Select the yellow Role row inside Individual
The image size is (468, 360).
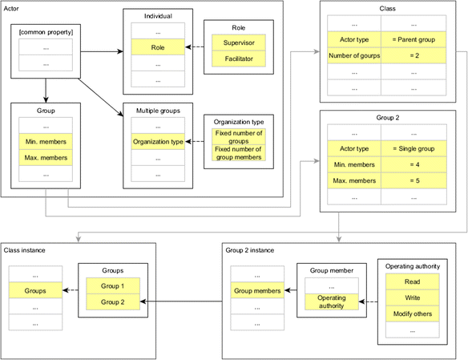[x=156, y=47]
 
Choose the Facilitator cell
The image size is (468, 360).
[x=239, y=59]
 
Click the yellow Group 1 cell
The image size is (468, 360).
[x=111, y=285]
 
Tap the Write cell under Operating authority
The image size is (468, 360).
[x=411, y=298]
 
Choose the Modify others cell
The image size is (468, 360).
[x=411, y=314]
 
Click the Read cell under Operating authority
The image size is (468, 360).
[x=411, y=281]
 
